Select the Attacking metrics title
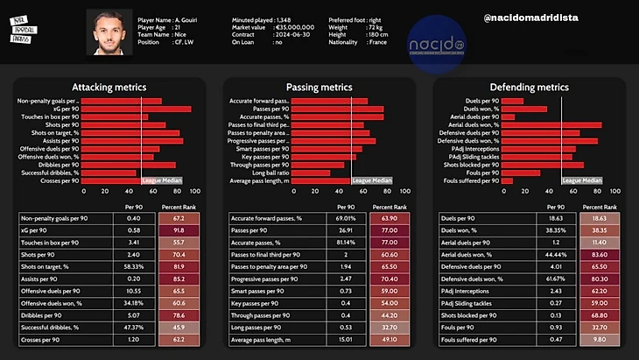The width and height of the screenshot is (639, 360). (x=109, y=88)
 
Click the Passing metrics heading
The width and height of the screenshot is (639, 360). (x=319, y=88)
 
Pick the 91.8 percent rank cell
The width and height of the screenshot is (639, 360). (x=179, y=229)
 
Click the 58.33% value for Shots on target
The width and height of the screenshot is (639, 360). (x=134, y=265)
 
